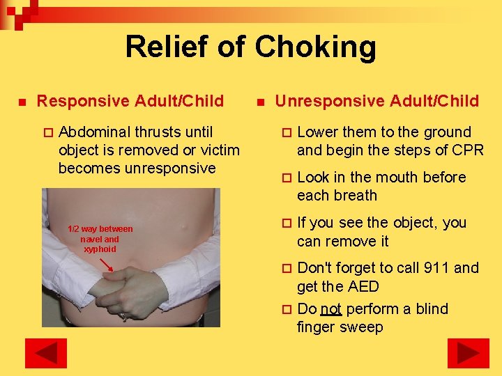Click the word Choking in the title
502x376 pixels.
[x=315, y=48]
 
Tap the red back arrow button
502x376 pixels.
[x=45, y=353]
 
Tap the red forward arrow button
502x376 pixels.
[x=468, y=353]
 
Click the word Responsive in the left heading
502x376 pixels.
[x=89, y=102]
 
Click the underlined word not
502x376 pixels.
[x=330, y=308]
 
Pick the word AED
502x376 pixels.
[x=363, y=286]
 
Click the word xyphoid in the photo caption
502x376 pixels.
[x=100, y=249]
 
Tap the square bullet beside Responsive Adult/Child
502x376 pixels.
[x=22, y=102]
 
